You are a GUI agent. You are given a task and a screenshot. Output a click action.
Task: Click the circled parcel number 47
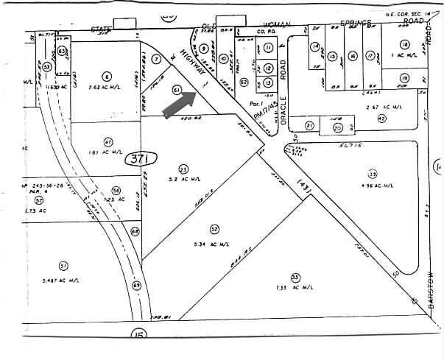(108, 141)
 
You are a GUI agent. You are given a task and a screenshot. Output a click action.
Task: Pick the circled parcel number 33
(295, 278)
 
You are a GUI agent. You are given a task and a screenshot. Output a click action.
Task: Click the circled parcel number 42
(381, 118)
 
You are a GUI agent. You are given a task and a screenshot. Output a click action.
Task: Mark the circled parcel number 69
(136, 285)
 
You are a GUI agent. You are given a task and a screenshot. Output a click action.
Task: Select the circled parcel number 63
(63, 51)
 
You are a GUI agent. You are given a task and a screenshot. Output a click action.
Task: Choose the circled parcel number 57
(39, 200)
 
